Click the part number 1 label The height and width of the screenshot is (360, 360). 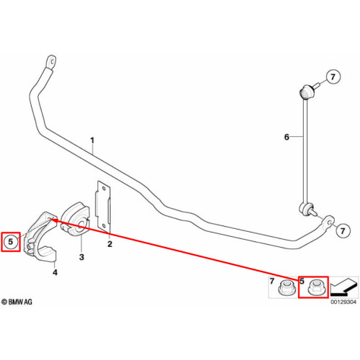pyautogui.click(x=92, y=140)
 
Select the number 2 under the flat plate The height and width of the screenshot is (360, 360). pyautogui.click(x=109, y=244)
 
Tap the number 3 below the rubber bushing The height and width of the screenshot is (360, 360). pyautogui.click(x=81, y=257)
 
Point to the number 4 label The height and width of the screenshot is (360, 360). pyautogui.click(x=55, y=272)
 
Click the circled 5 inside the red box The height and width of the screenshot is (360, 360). pyautogui.click(x=11, y=241)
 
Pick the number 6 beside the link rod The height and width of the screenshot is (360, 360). pyautogui.click(x=287, y=137)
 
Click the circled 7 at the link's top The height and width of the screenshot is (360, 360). pyautogui.click(x=333, y=77)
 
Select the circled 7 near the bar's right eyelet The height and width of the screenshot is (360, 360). pyautogui.click(x=343, y=231)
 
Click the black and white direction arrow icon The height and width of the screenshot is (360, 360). pyautogui.click(x=343, y=287)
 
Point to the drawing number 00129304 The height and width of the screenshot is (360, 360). pyautogui.click(x=343, y=302)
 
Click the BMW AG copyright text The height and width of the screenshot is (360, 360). pyautogui.click(x=17, y=302)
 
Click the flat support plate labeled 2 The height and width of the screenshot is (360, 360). pyautogui.click(x=103, y=207)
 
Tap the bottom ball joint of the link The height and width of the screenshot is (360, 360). pyautogui.click(x=307, y=208)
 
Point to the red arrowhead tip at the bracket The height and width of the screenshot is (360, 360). pyautogui.click(x=52, y=220)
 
